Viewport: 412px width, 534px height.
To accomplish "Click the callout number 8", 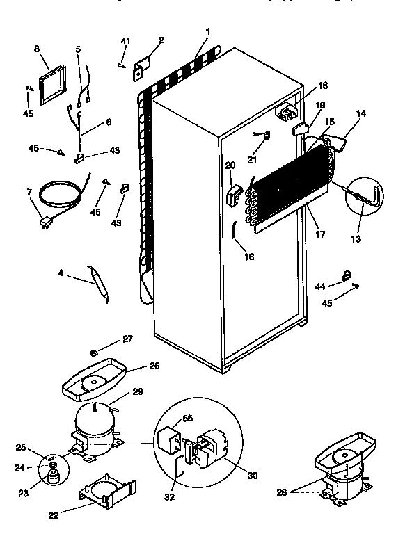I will click(x=38, y=50).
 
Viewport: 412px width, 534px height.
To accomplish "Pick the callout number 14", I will click(x=360, y=113).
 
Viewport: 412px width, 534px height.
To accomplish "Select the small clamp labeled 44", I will click(x=345, y=276).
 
